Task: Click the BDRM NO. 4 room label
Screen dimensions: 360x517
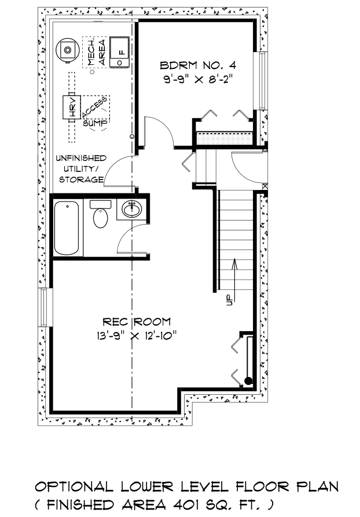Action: [x=198, y=65]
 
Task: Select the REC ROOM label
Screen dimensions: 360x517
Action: [x=137, y=321]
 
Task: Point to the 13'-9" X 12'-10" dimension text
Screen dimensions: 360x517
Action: [x=137, y=336]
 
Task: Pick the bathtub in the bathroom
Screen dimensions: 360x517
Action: [x=67, y=228]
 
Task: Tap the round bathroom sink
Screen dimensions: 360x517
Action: [x=132, y=209]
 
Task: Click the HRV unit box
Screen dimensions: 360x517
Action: [x=72, y=107]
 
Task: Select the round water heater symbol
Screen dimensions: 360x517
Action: [x=68, y=50]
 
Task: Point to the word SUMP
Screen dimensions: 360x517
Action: [x=95, y=123]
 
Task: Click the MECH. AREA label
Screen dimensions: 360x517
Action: [x=96, y=52]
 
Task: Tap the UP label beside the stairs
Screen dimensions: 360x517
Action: [x=229, y=299]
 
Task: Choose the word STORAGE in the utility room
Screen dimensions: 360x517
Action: [x=81, y=179]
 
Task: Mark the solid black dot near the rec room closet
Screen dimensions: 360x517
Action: [x=248, y=381]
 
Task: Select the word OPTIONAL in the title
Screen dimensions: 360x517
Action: [x=74, y=487]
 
